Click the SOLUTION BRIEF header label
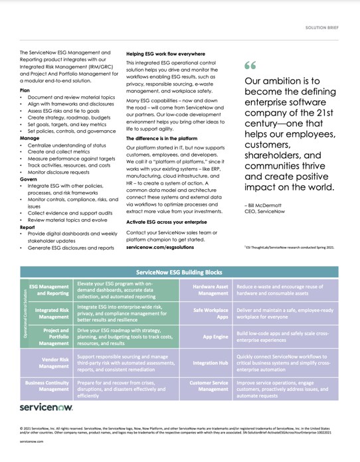322,29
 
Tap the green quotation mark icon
250,66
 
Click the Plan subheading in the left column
25,90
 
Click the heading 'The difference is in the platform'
166,138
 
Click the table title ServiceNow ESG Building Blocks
180,272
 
